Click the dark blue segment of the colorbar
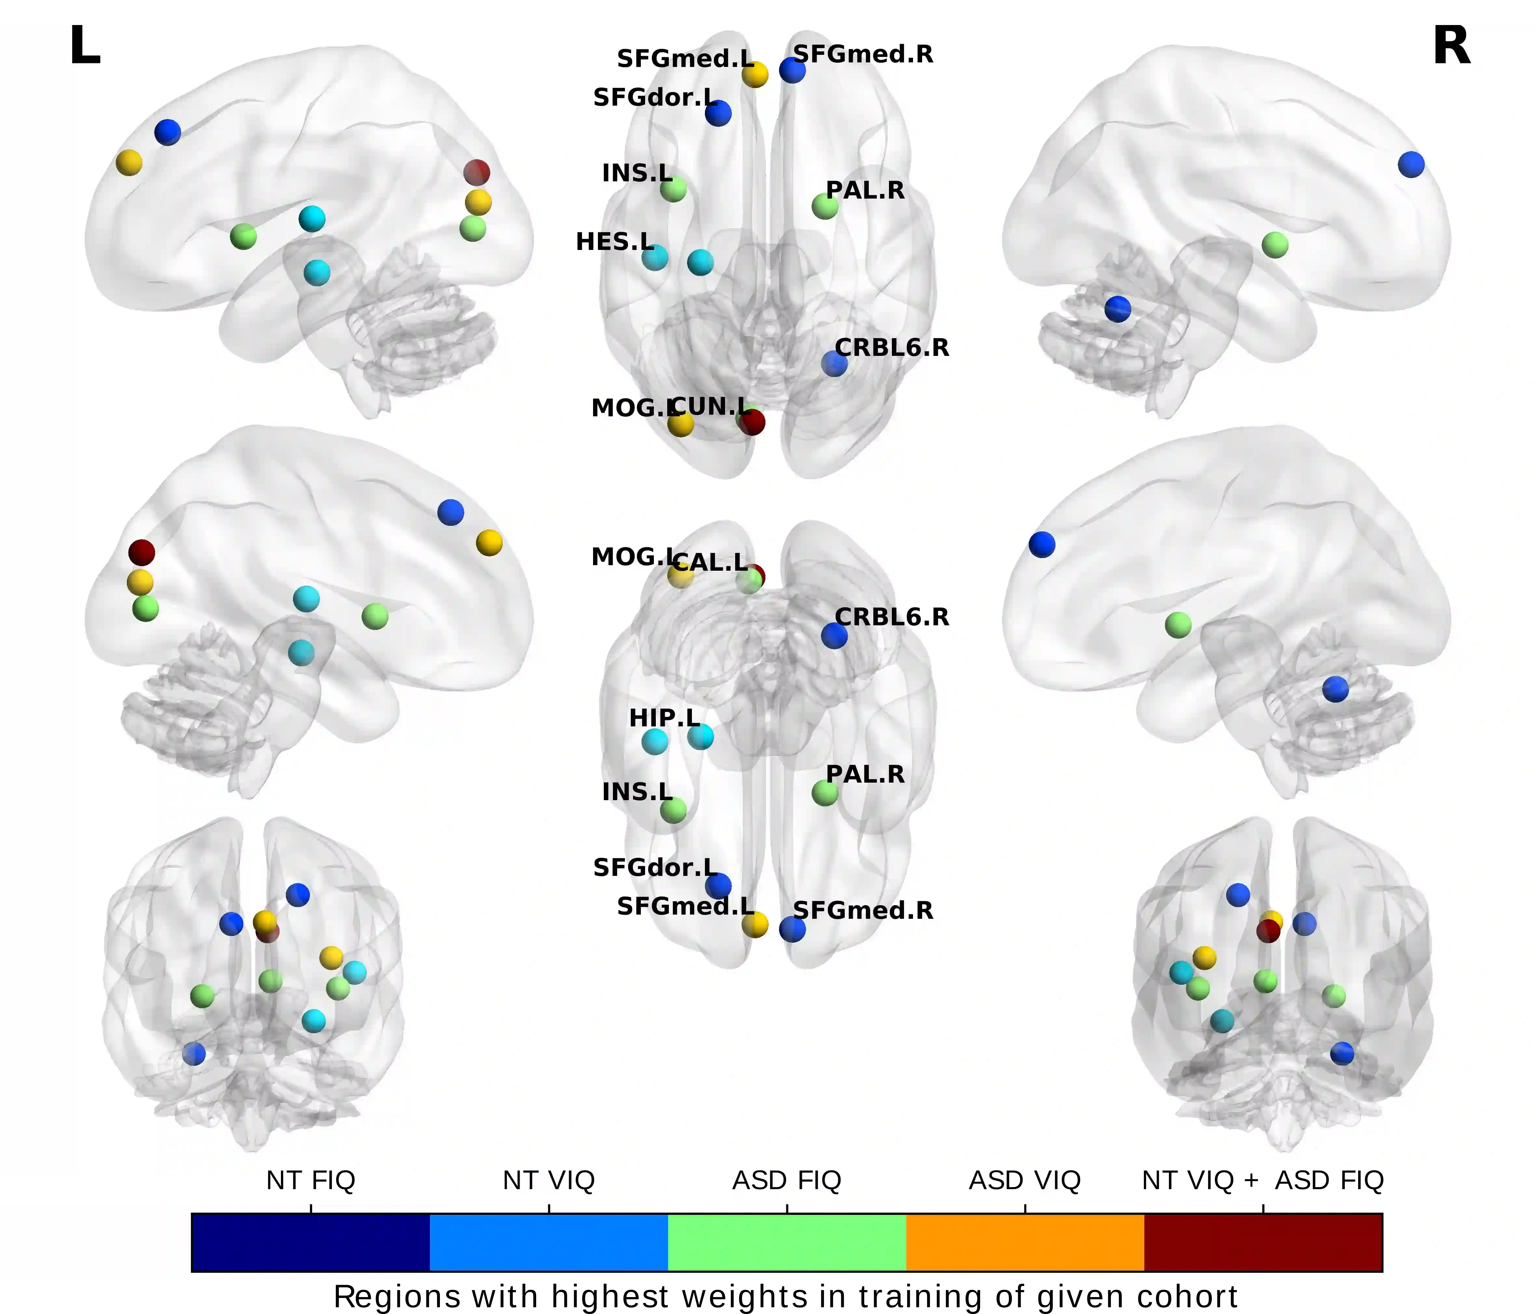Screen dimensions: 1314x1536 [x=311, y=1243]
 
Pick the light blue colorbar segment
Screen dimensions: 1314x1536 [x=549, y=1243]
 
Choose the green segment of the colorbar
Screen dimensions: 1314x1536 [x=787, y=1243]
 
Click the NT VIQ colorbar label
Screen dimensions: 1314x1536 [x=549, y=1181]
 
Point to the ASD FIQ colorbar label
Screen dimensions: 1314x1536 [x=787, y=1181]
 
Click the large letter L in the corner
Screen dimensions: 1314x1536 [x=85, y=46]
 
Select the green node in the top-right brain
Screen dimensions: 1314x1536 [x=1274, y=245]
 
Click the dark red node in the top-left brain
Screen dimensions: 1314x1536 [x=477, y=173]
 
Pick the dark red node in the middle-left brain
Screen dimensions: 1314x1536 [x=141, y=552]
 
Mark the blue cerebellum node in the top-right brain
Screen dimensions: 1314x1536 [x=1117, y=308]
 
